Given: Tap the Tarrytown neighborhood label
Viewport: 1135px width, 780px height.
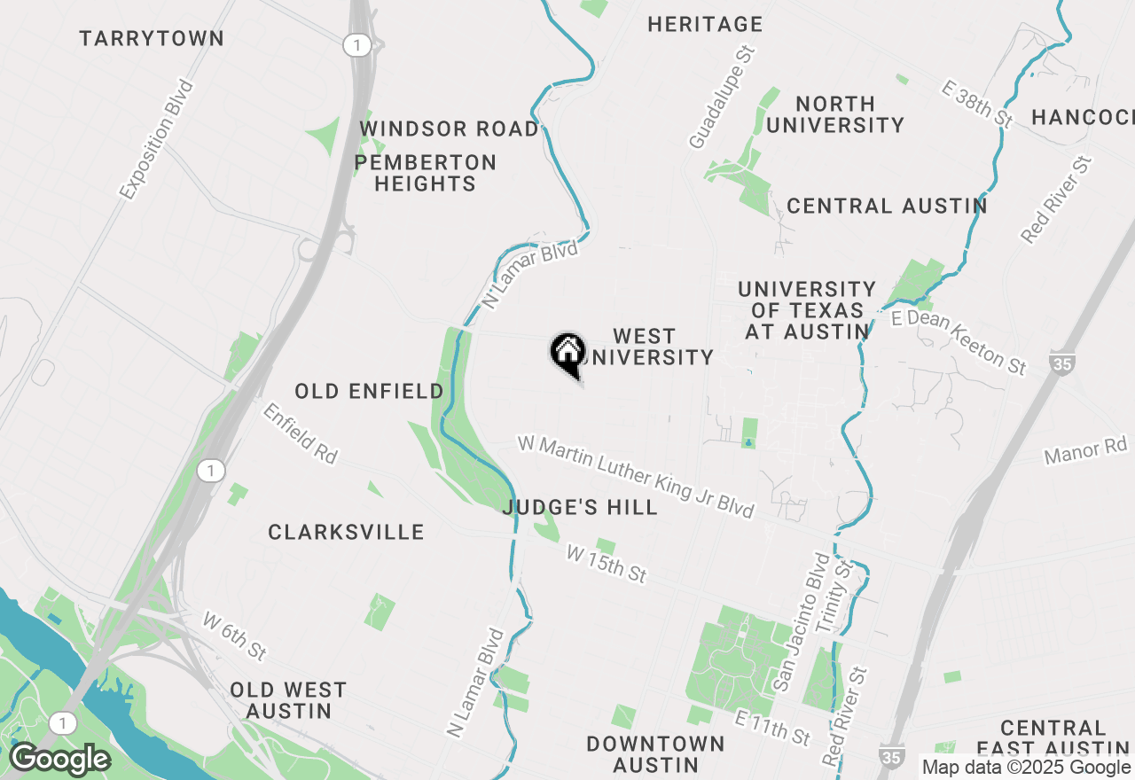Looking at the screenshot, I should pyautogui.click(x=152, y=39).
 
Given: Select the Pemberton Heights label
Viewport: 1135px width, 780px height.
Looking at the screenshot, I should pyautogui.click(x=426, y=173).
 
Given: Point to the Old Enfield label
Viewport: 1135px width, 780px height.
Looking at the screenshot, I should pyautogui.click(x=369, y=391).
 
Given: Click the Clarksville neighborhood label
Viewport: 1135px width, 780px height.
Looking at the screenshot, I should pyautogui.click(x=346, y=532).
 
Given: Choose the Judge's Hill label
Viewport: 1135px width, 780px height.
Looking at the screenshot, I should pyautogui.click(x=580, y=507).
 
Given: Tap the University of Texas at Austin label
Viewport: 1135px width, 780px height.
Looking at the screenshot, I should pyautogui.click(x=807, y=310).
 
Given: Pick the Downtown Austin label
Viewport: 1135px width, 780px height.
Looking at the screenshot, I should pyautogui.click(x=655, y=754).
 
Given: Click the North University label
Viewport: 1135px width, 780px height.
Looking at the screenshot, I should pyautogui.click(x=834, y=114).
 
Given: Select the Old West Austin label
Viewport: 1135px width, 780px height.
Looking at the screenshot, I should pyautogui.click(x=288, y=700).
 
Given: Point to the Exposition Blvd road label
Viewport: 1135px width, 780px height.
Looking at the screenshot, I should pyautogui.click(x=157, y=139).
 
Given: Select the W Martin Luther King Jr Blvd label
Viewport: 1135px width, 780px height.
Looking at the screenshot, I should pyautogui.click(x=636, y=477).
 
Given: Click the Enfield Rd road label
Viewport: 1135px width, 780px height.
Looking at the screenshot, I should pyautogui.click(x=301, y=433).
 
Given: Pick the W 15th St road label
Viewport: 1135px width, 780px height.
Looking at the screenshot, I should pyautogui.click(x=606, y=564).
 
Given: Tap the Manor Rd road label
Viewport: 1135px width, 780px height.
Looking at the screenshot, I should pyautogui.click(x=1084, y=452).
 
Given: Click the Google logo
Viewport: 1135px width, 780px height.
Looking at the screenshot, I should pyautogui.click(x=59, y=760).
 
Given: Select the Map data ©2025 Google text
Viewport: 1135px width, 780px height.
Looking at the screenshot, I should pyautogui.click(x=1026, y=768).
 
